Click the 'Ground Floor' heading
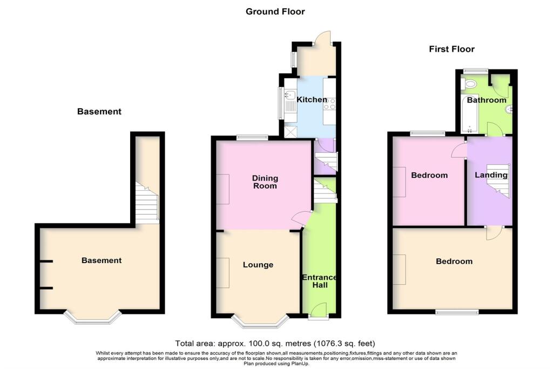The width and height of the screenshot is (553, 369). click(275, 11)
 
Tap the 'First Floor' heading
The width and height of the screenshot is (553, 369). click(451, 49)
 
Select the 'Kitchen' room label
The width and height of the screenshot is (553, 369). click(312, 100)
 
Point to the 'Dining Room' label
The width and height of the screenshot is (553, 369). click(265, 182)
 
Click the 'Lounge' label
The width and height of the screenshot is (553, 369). click(258, 265)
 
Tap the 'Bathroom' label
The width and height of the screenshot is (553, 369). click(487, 100)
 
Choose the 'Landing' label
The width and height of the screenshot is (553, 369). click(491, 175)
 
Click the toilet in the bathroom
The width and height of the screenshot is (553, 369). click(470, 84)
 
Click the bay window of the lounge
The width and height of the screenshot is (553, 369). click(261, 323)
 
